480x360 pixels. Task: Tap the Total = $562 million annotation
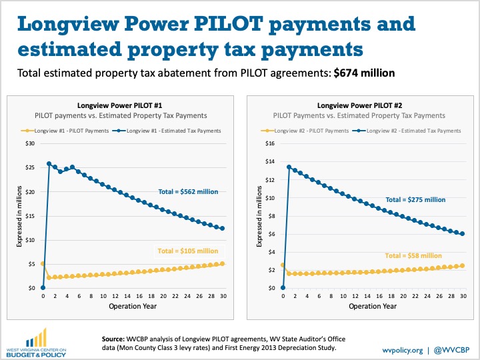188,192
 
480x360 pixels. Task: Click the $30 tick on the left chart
30,143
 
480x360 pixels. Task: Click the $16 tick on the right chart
270,143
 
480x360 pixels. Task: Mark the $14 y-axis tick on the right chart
270,161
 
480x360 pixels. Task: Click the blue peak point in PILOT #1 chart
49,163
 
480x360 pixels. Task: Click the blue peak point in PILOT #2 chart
289,167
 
